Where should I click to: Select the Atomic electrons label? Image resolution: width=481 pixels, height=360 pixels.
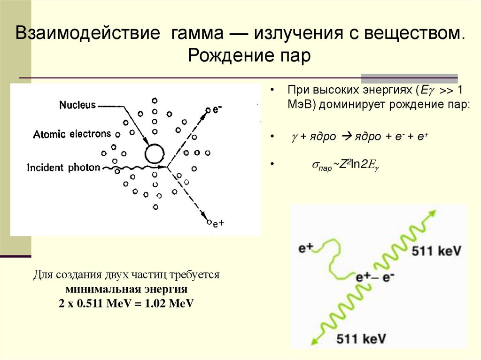tap(72, 134)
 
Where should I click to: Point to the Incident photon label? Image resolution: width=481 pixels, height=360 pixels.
tap(63, 168)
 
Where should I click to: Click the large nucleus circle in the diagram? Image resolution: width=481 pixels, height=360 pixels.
tap(154, 153)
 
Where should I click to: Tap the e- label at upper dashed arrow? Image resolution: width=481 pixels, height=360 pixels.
tap(217, 109)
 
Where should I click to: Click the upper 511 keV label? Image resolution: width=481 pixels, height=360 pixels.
tap(437, 251)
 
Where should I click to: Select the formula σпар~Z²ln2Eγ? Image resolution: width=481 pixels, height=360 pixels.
tap(346, 164)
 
